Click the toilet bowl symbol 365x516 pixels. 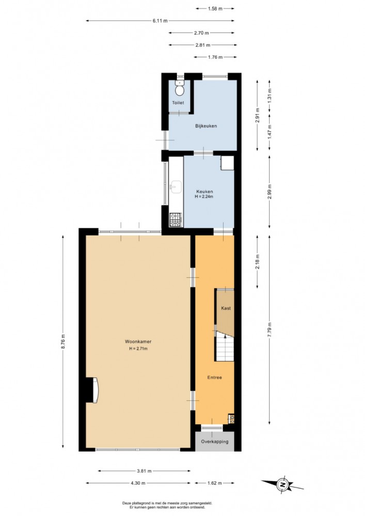pyautogui.click(x=179, y=88)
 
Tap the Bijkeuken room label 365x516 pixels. pyautogui.click(x=206, y=126)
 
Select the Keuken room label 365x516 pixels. pyautogui.click(x=204, y=192)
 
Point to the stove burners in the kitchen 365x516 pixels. pyautogui.click(x=175, y=220)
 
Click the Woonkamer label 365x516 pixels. pyautogui.click(x=138, y=341)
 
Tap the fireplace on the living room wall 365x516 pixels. pyautogui.click(x=92, y=390)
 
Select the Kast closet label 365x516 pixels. pyautogui.click(x=226, y=308)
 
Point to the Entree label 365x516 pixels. pyautogui.click(x=214, y=378)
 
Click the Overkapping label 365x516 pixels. pyautogui.click(x=215, y=442)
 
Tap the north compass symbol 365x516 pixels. pyautogui.click(x=282, y=484)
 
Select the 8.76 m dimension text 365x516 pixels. pyautogui.click(x=63, y=341)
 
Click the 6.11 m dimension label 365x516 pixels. pyautogui.click(x=160, y=21)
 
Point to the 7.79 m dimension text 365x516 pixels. pyautogui.click(x=269, y=329)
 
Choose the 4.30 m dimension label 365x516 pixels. pyautogui.click(x=137, y=483)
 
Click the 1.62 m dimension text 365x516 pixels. pyautogui.click(x=214, y=483)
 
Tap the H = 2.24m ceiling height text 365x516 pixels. pyautogui.click(x=204, y=197)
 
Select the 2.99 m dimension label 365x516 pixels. pyautogui.click(x=269, y=192)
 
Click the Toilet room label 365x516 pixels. pyautogui.click(x=178, y=103)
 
